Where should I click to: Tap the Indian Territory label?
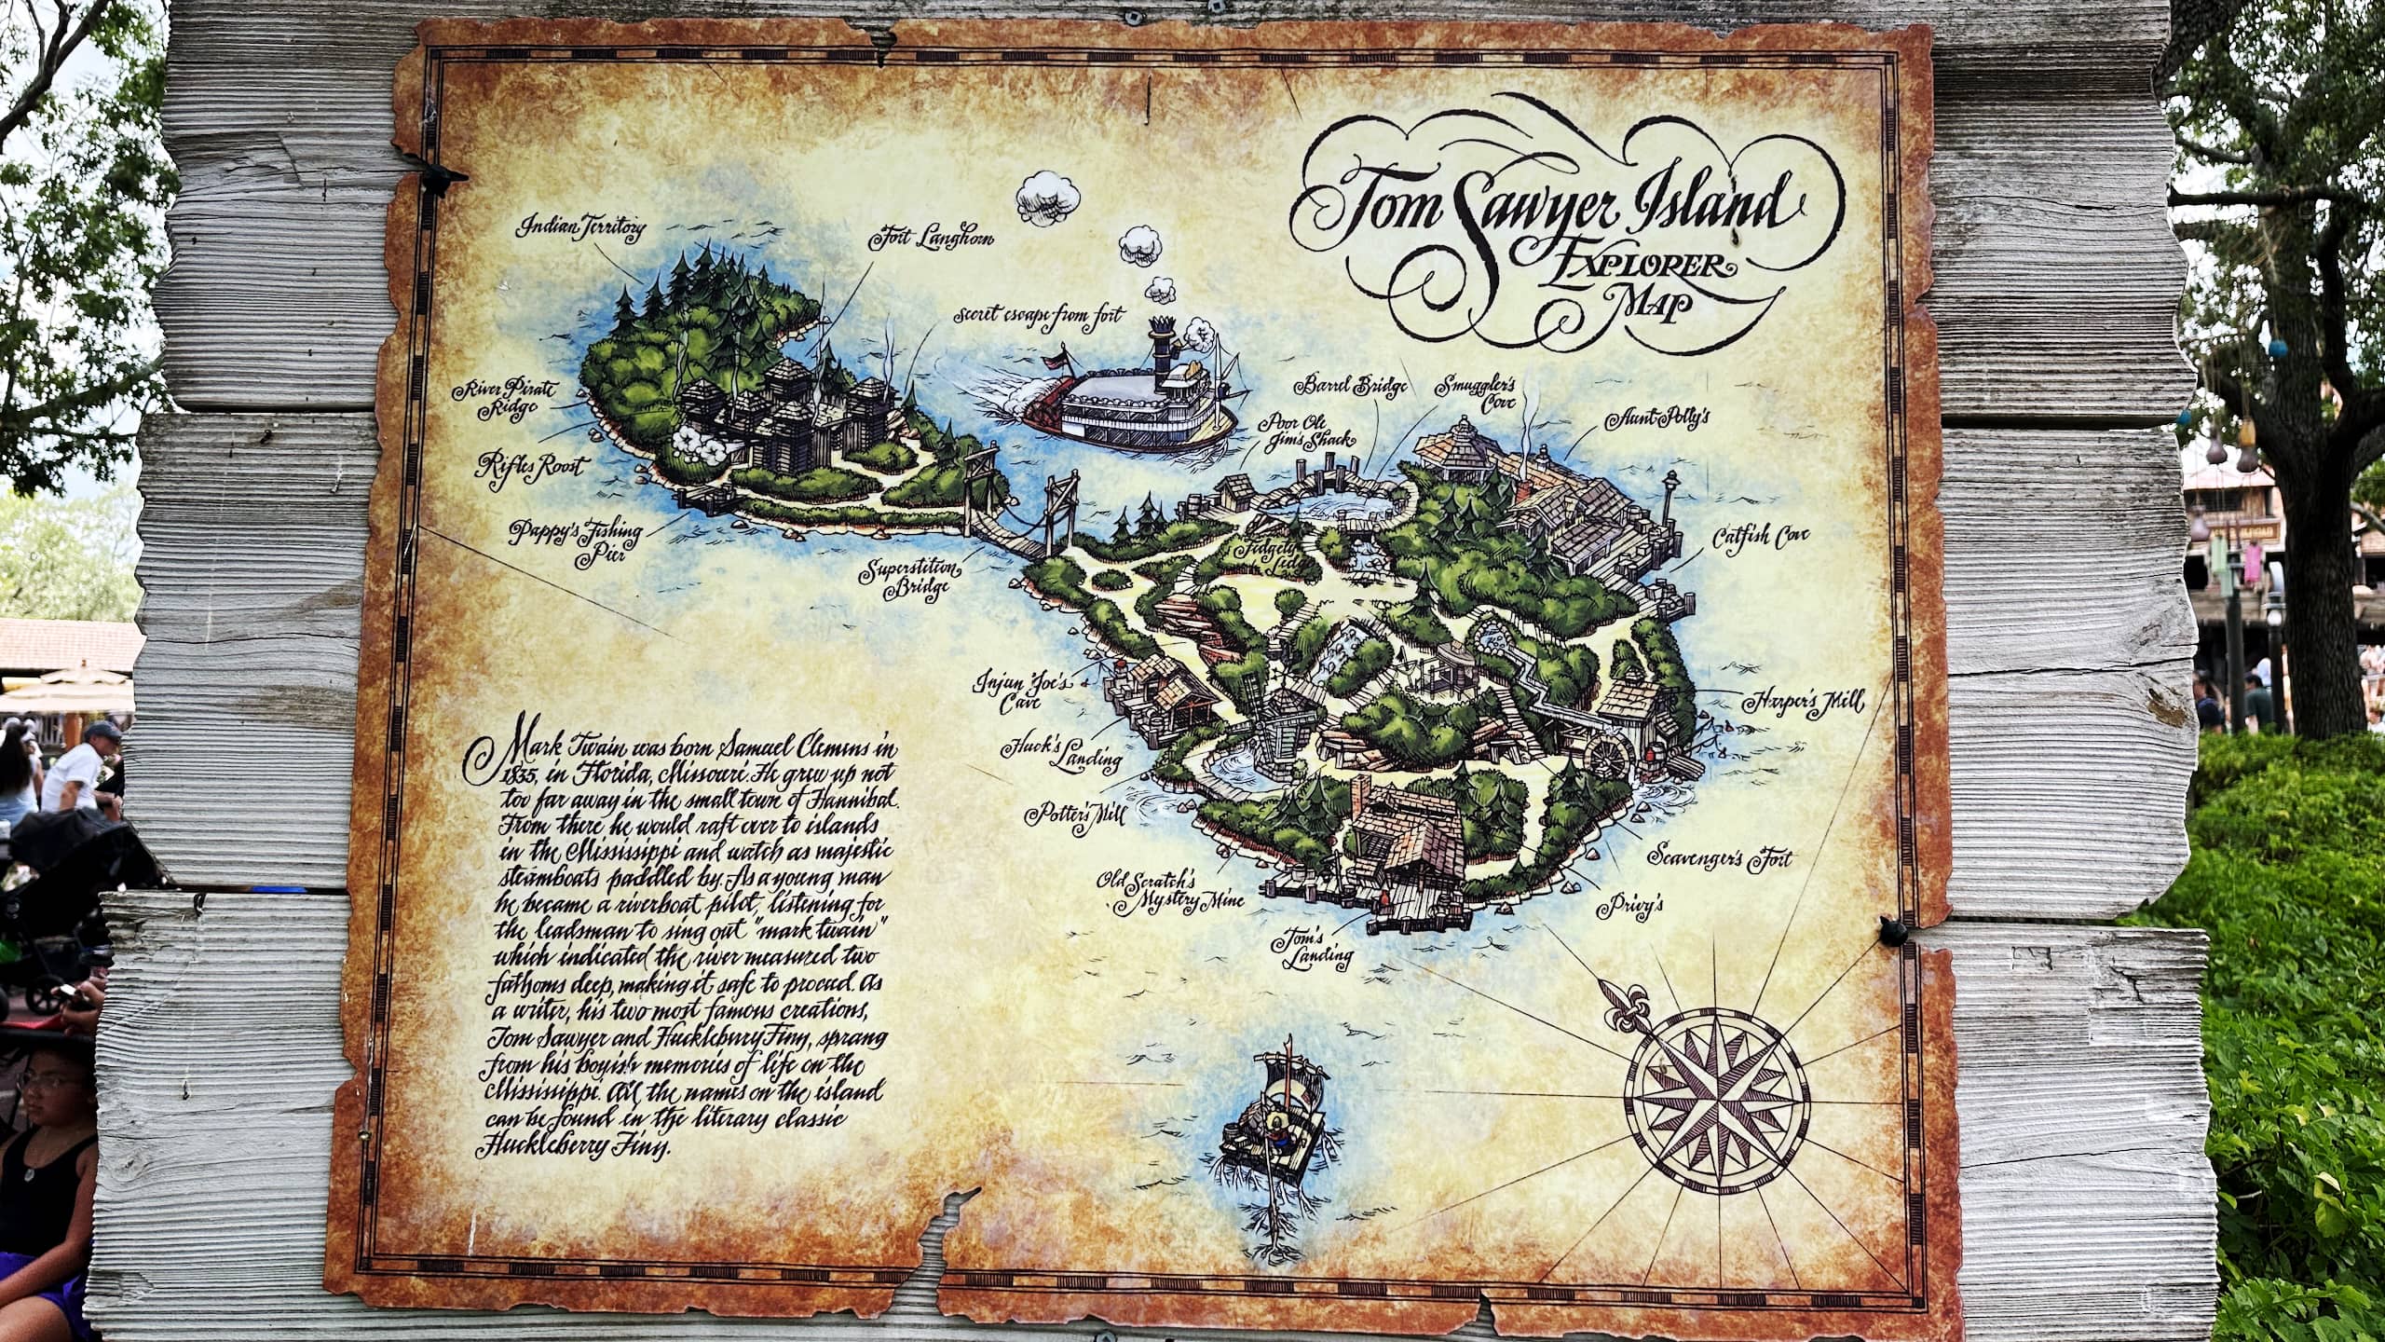click(x=583, y=226)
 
